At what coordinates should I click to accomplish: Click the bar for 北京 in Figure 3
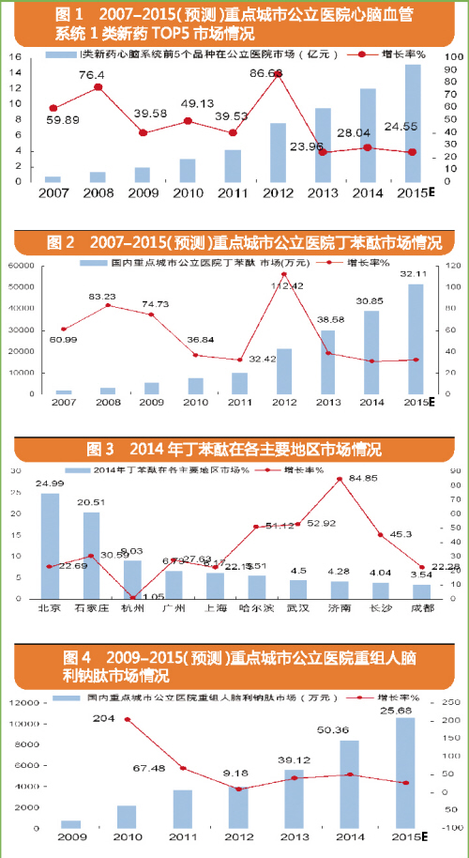(x=50, y=545)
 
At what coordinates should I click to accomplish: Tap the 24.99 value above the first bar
(x=49, y=483)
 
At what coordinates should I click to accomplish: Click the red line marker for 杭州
(x=133, y=597)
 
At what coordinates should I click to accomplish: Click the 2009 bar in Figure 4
(x=70, y=824)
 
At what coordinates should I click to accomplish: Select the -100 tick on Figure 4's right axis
(x=448, y=828)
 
